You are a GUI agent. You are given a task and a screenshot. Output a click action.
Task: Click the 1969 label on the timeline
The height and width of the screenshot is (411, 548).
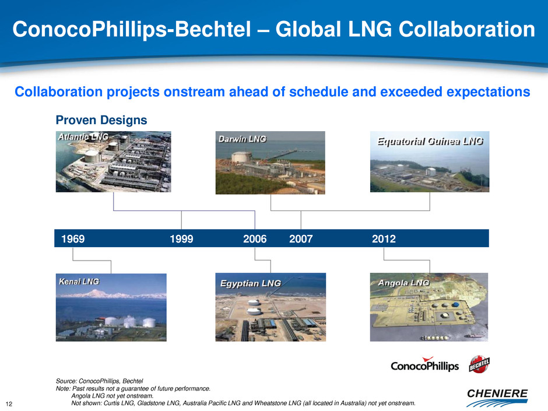point(73,239)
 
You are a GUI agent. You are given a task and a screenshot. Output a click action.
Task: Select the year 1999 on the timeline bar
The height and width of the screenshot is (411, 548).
point(181,239)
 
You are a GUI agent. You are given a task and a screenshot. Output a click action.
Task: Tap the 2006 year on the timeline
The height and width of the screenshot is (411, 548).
point(255,239)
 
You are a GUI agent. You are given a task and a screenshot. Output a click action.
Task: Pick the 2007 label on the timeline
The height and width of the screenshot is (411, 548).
point(301,239)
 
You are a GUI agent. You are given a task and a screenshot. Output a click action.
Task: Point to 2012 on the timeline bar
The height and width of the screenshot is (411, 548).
point(384,239)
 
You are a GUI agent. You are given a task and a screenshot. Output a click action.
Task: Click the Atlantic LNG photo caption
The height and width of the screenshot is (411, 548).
point(83,137)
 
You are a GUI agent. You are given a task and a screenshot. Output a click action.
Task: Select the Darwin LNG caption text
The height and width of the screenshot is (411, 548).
point(242,139)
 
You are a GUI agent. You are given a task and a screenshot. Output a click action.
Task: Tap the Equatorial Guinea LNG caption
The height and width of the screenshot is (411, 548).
point(430,141)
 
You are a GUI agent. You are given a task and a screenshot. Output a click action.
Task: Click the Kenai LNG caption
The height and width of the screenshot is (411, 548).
point(79,282)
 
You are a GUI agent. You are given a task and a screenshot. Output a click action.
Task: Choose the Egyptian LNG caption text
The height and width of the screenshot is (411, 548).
point(251,283)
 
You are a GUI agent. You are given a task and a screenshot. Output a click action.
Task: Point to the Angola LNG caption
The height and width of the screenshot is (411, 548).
point(403,283)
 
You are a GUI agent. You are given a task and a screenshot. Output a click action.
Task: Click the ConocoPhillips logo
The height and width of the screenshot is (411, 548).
point(424,364)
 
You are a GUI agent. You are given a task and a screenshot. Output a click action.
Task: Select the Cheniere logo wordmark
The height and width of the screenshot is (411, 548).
point(497,394)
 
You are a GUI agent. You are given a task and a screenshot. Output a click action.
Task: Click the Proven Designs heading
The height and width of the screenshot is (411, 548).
point(101,120)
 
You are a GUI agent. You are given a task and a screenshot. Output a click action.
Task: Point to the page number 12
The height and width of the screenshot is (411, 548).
point(9,404)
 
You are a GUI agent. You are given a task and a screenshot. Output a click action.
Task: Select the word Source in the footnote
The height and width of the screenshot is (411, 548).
point(66,381)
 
